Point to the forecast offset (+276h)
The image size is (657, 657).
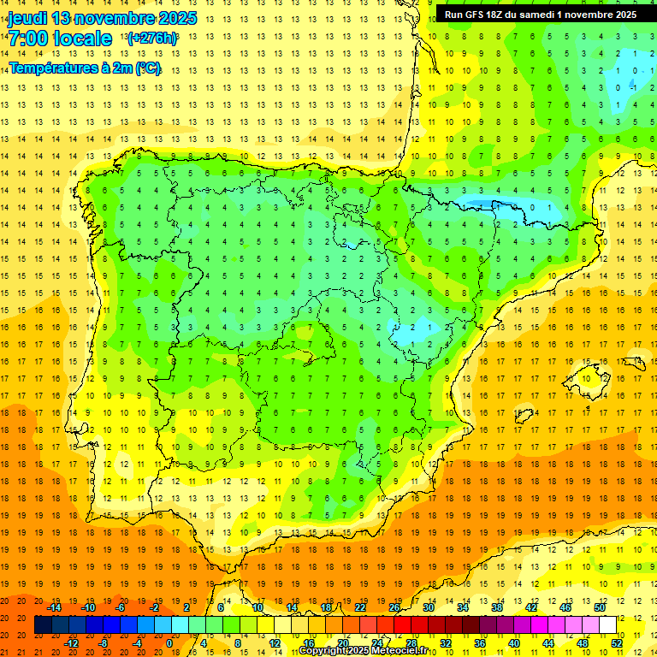pos(152,38)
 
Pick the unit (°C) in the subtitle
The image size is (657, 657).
pos(147,68)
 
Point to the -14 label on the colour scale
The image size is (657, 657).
pos(54,607)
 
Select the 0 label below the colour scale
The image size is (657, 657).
pos(169,642)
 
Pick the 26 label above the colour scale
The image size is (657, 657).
pos(394,607)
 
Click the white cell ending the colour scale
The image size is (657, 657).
pos(607,625)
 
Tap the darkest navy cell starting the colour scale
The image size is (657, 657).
pos(43,625)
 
